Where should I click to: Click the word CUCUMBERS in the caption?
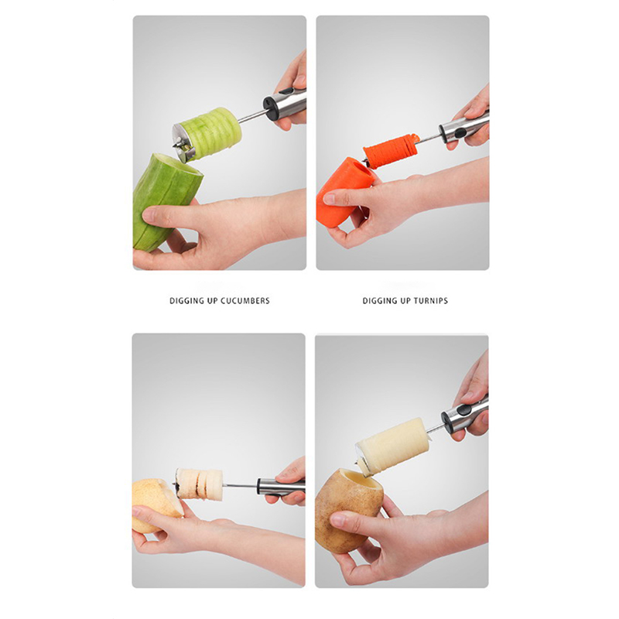[x=245, y=301]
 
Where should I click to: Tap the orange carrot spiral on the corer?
[x=391, y=151]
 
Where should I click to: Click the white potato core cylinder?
[x=394, y=444]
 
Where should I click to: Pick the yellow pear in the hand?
[x=156, y=504]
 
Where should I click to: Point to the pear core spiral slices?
[x=200, y=485]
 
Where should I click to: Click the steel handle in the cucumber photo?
[x=285, y=104]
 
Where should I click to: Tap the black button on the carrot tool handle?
[x=460, y=133]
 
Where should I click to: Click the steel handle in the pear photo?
[x=281, y=487]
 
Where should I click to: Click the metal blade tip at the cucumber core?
[x=175, y=147]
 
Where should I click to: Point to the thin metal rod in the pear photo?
[x=240, y=486]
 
